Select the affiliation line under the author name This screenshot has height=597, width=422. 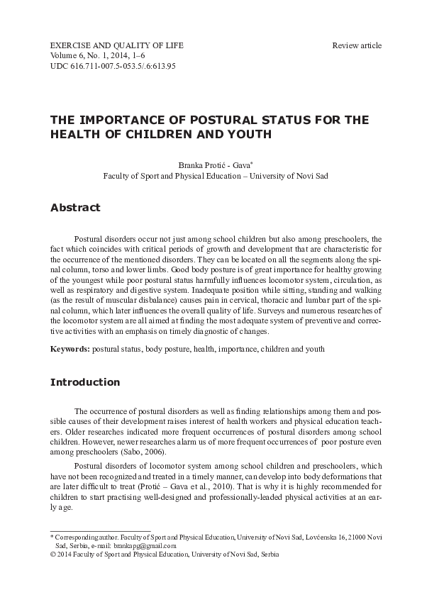216,175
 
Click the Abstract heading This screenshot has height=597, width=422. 76,208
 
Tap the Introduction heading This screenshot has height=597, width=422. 85,382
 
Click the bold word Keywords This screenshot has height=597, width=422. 70,350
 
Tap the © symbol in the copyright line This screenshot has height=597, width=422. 52,555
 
